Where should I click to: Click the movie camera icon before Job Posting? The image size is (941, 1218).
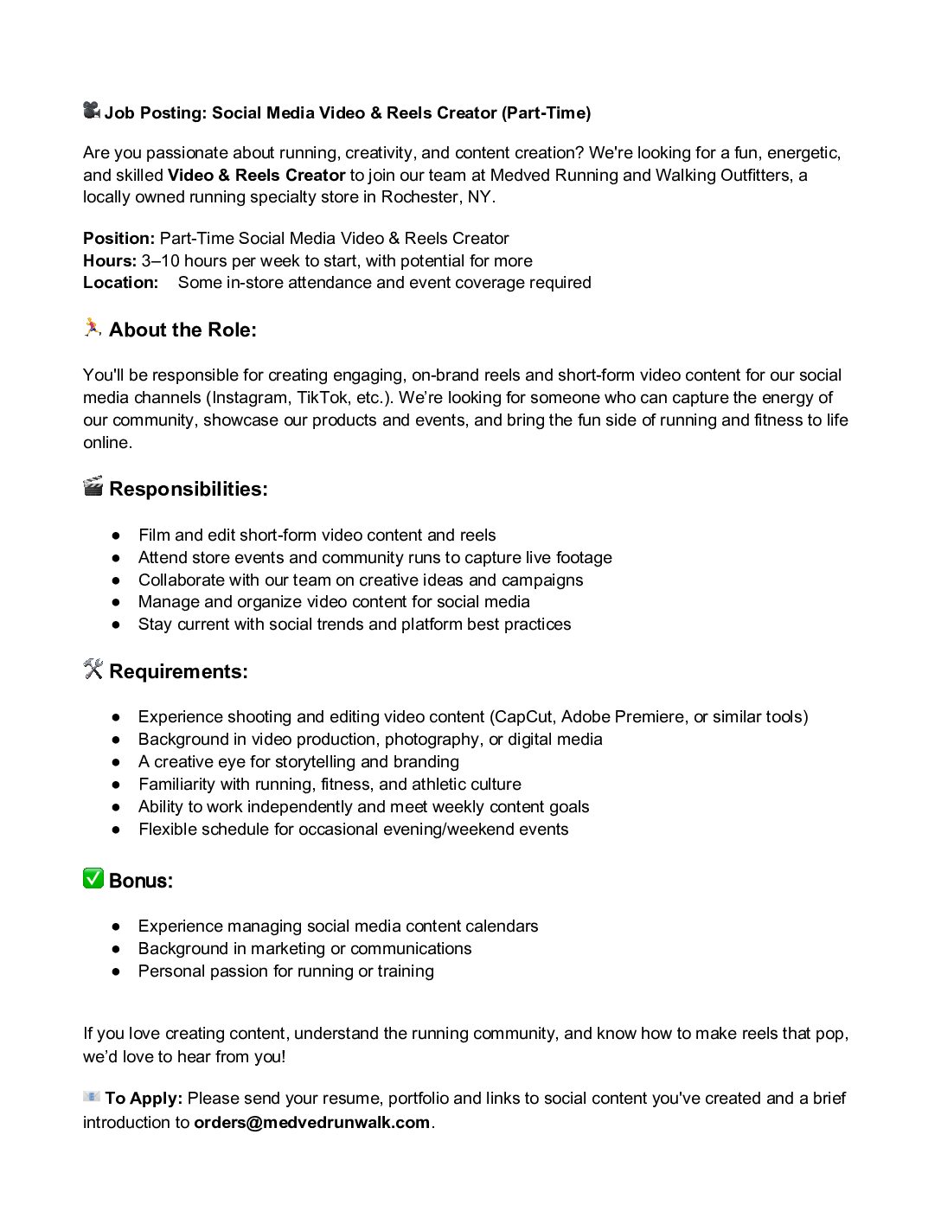(x=92, y=111)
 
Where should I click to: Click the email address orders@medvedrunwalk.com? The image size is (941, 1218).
(x=311, y=1123)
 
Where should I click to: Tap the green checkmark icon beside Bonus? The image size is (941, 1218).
(x=93, y=879)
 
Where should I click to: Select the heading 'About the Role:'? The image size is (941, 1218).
(x=182, y=330)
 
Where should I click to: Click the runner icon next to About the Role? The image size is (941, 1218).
(x=93, y=328)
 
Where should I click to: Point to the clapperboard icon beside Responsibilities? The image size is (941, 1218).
(x=93, y=487)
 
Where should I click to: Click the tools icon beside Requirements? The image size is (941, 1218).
(x=93, y=670)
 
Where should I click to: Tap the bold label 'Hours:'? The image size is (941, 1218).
(x=110, y=261)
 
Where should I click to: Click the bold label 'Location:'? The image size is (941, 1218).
(x=121, y=283)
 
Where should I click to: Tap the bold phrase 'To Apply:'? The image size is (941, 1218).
(x=144, y=1099)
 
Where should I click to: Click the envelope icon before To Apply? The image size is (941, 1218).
(x=92, y=1097)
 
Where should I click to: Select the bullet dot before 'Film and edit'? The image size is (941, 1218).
(x=116, y=535)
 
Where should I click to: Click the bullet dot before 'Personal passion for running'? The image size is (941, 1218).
(x=116, y=971)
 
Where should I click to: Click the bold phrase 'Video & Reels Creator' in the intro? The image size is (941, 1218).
(x=256, y=176)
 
